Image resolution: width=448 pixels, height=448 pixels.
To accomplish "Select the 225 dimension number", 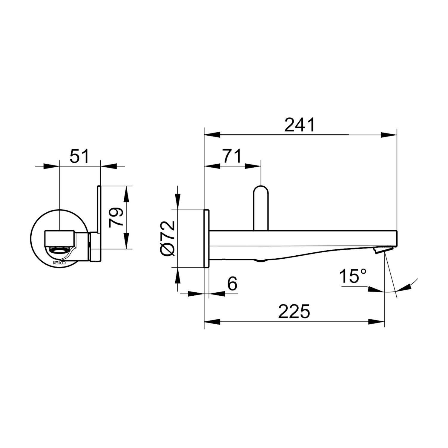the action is point(294,312).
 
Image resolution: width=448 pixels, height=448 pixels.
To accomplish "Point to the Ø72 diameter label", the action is point(168,238).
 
